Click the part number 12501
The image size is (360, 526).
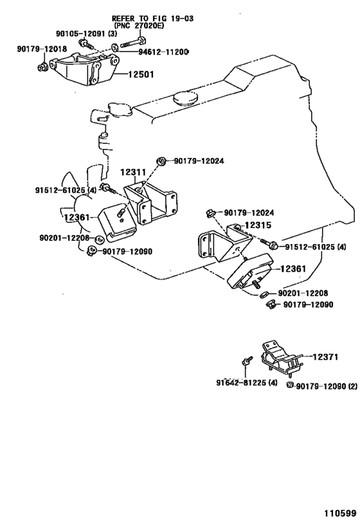(x=141, y=74)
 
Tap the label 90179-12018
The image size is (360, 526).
(x=42, y=49)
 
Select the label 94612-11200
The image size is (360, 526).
(x=163, y=51)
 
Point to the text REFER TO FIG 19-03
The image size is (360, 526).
(x=153, y=18)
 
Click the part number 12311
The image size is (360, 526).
(x=133, y=172)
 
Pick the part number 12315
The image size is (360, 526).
(x=258, y=225)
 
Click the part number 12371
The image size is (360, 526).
(x=325, y=357)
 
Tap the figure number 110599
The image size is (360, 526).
(x=340, y=513)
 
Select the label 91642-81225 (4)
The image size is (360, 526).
(x=247, y=382)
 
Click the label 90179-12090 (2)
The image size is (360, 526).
(x=327, y=387)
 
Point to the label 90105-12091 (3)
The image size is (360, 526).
(x=86, y=33)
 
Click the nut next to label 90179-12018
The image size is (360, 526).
(x=42, y=66)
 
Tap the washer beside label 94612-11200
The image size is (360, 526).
(x=114, y=48)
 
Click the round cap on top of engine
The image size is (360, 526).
(x=185, y=98)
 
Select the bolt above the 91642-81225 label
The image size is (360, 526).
(x=246, y=361)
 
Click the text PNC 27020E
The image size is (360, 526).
(x=139, y=26)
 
